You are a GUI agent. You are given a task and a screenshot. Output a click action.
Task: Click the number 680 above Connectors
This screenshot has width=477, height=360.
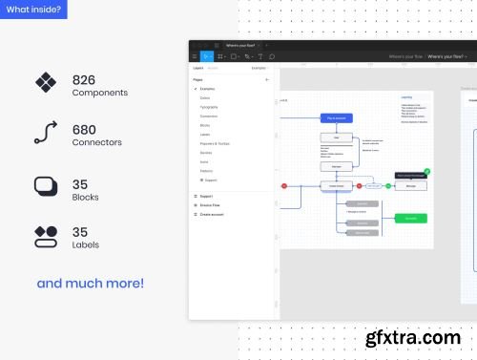(85, 129)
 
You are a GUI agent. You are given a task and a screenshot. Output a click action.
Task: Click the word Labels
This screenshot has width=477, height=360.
(87, 244)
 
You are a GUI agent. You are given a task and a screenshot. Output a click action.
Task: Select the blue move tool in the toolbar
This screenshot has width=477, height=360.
(206, 56)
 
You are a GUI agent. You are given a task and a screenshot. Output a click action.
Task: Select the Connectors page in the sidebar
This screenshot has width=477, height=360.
(210, 116)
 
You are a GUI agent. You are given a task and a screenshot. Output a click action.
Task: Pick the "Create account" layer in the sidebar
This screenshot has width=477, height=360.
(213, 215)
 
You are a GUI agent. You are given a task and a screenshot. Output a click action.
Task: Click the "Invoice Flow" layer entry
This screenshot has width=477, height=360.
(210, 205)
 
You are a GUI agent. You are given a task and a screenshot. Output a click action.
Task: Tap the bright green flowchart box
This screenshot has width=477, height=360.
(409, 218)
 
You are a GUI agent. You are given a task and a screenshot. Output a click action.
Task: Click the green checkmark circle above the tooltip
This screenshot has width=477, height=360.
(426, 172)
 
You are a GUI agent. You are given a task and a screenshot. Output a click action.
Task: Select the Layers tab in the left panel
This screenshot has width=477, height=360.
(197, 69)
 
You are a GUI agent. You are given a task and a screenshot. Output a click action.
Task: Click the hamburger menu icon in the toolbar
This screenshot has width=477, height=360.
(194, 56)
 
